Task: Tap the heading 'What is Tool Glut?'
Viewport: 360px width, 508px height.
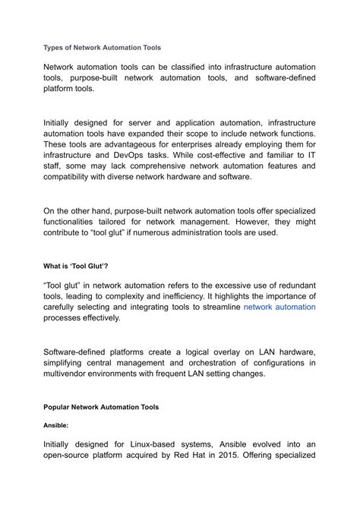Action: (76, 267)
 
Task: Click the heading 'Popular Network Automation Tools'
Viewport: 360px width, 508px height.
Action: (101, 407)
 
